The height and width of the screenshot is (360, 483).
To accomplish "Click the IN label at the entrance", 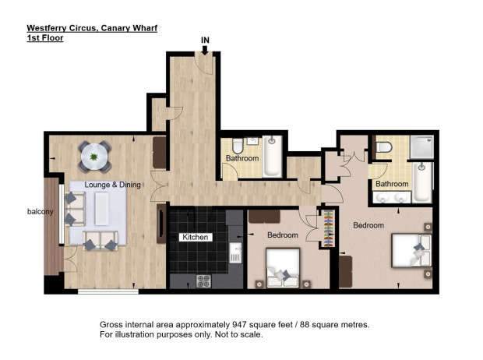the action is click(x=205, y=41).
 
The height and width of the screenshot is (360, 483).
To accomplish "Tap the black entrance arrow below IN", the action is click(x=205, y=50).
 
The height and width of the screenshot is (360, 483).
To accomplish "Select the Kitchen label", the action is click(x=196, y=237).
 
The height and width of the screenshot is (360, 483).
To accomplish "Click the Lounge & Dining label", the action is click(x=112, y=185).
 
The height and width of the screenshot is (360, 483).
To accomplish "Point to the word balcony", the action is click(x=40, y=211).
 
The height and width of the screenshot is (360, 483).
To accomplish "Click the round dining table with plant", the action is click(x=94, y=157).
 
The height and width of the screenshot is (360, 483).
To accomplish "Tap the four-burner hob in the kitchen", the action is click(x=203, y=281).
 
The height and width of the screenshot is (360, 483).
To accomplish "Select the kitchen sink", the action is click(x=235, y=252).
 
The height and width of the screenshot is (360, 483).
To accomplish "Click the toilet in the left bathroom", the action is click(x=238, y=146).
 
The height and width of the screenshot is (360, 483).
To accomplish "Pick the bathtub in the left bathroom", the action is click(x=273, y=157).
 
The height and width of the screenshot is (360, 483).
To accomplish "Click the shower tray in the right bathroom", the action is click(x=421, y=147).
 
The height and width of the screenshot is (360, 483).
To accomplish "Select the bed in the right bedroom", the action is click(x=411, y=250).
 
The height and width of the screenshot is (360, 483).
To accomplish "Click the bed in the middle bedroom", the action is click(x=283, y=267).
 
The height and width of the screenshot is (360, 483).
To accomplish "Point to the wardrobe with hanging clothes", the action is click(x=329, y=228).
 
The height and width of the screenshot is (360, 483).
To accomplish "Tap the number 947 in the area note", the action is click(x=238, y=325).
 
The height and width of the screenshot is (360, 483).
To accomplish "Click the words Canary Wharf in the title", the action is click(x=129, y=28).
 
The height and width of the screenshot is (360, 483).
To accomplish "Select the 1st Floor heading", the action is click(x=45, y=38).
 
